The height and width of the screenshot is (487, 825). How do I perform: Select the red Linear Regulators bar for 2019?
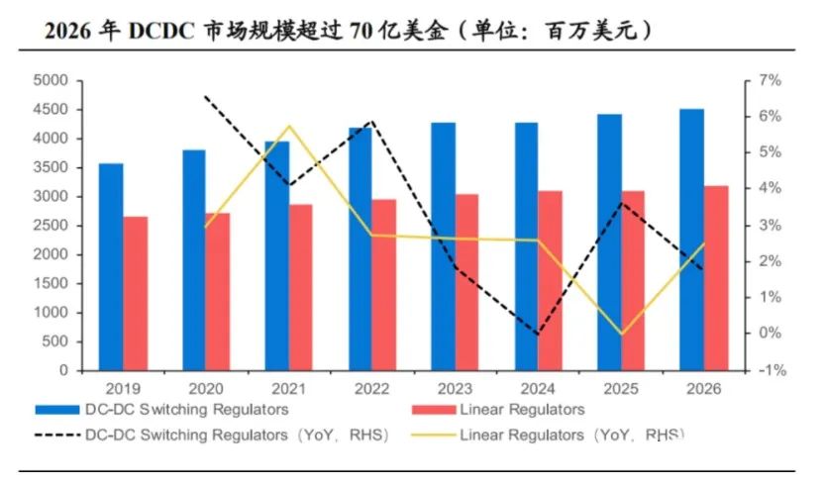[136, 294]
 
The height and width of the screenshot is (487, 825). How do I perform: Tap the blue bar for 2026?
[691, 241]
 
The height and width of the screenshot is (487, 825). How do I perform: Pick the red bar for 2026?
[716, 278]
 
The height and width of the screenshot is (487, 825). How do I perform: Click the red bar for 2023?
[466, 282]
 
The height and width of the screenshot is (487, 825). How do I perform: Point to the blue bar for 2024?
[526, 247]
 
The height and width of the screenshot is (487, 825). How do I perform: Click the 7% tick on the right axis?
[771, 80]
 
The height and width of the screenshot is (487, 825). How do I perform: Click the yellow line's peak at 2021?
[288, 126]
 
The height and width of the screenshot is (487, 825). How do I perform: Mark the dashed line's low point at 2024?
[537, 335]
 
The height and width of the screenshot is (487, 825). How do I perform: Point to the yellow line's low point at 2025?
[621, 334]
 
